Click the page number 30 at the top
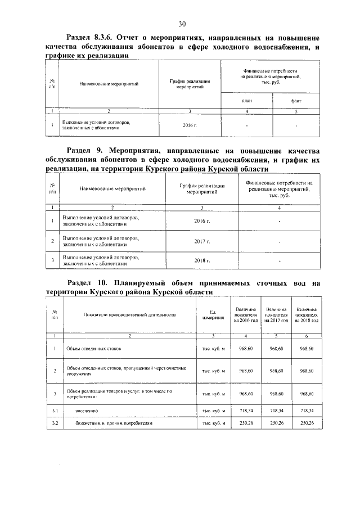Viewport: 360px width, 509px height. [x=182, y=24]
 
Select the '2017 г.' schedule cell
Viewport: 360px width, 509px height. [x=200, y=241]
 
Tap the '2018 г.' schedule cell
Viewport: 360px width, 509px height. [x=200, y=261]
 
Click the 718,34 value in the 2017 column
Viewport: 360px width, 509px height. [x=277, y=412]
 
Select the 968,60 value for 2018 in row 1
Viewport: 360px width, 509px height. [x=307, y=349]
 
